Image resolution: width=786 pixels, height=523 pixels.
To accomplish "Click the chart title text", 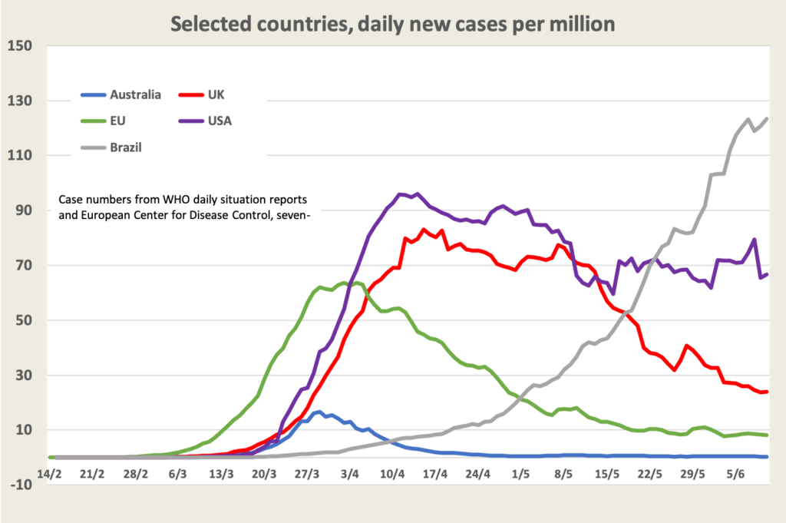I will pos(392,24).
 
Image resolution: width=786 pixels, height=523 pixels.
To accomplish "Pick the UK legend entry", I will pos(216,95).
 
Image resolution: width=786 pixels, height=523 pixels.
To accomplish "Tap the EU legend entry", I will pos(119,121).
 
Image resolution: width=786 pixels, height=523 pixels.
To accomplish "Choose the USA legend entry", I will pos(220,121).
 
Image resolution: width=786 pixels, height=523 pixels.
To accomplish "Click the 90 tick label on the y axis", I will pos(24,210).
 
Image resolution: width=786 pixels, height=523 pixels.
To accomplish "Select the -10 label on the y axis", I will pos(21,485).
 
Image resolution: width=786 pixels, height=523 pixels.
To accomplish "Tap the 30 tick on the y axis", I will pos(24,376).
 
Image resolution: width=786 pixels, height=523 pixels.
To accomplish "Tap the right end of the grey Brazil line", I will pos(767,119).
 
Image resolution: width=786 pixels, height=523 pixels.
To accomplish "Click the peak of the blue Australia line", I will pos(319,412).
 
